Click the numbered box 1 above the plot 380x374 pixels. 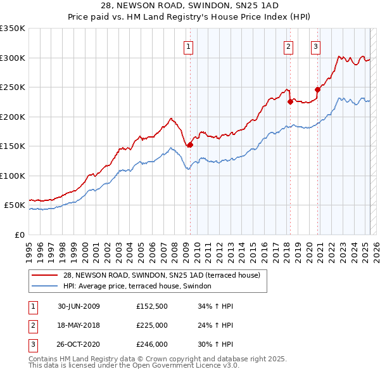click(x=189, y=46)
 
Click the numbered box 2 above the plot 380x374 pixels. click(x=289, y=46)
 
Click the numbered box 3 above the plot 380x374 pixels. click(x=316, y=46)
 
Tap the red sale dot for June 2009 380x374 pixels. click(x=190, y=145)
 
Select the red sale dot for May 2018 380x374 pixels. click(x=289, y=101)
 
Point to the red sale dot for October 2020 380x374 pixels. click(x=317, y=89)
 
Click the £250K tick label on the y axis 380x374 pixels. click(x=13, y=87)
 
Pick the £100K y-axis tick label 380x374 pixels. click(x=13, y=176)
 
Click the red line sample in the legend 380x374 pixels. click(x=45, y=275)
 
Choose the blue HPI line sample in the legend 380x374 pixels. click(x=45, y=286)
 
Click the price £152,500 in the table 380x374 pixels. click(x=152, y=306)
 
